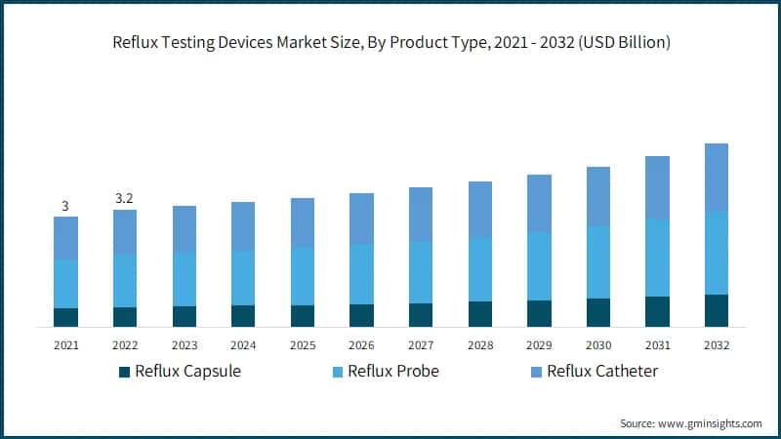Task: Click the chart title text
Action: [390, 43]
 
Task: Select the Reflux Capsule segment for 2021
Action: [66, 317]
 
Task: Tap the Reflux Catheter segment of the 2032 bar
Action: [717, 178]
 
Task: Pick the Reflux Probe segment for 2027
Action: [421, 272]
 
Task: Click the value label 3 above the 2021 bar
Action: [65, 206]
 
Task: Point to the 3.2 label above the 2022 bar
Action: [125, 199]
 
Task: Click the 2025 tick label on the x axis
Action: [303, 344]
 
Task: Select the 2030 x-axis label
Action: [598, 344]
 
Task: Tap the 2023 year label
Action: [185, 344]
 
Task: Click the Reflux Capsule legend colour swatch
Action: [124, 372]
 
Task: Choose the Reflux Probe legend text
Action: [394, 371]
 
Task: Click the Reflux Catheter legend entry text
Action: [602, 371]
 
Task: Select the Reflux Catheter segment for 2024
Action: [243, 226]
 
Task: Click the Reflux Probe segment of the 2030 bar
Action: [598, 262]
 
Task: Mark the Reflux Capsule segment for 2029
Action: [539, 313]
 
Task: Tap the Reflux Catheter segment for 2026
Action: [361, 219]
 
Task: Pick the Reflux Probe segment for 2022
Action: [125, 281]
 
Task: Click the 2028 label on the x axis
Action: [480, 344]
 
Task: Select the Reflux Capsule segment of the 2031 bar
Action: [657, 311]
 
